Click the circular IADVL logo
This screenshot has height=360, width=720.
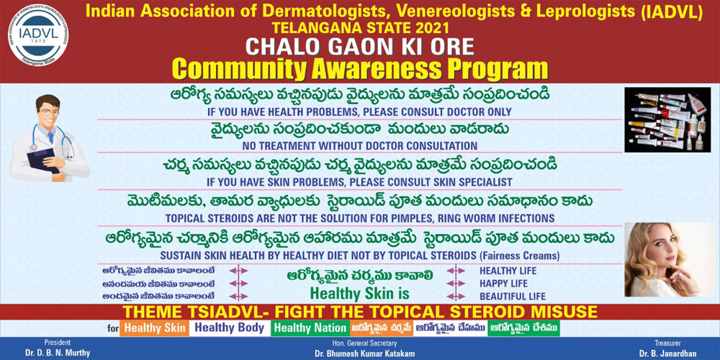(38, 36)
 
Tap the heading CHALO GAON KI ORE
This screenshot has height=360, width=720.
(359, 47)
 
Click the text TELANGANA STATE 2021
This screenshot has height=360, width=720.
(361, 28)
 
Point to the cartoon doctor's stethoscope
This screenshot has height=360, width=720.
(53, 138)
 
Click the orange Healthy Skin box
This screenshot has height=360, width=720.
(154, 329)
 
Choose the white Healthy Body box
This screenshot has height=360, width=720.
(230, 328)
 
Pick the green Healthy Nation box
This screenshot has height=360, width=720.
(310, 328)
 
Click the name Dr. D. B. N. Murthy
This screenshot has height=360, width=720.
(58, 353)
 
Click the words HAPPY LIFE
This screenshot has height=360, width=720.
(504, 284)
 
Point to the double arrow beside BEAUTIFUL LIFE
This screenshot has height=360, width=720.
(456, 296)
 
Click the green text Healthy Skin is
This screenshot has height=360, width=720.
(359, 293)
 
